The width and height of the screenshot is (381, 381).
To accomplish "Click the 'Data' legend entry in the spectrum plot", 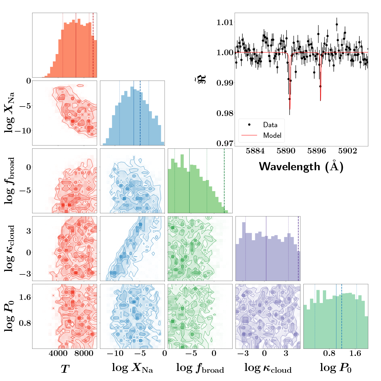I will (x=270, y=125).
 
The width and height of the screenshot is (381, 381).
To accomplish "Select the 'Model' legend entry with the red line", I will (x=272, y=135).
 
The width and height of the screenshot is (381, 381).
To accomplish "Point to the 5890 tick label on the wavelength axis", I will (x=286, y=151).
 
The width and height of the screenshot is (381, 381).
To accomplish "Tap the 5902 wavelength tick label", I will (x=347, y=151).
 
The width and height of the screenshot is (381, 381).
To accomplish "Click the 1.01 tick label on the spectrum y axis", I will (x=225, y=22).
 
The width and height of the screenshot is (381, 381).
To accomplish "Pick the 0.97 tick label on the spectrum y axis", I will (x=225, y=144).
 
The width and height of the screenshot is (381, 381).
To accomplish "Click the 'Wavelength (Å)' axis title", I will (x=301, y=167).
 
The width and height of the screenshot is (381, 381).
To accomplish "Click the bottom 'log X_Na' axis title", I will (x=132, y=368).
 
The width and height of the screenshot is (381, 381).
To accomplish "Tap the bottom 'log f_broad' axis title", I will (x=200, y=368).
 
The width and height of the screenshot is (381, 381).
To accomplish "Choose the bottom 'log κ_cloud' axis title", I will (x=268, y=368).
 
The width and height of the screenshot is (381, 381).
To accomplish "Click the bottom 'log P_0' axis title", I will (x=336, y=368).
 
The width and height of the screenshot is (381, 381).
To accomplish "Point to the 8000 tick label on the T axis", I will (x=84, y=354).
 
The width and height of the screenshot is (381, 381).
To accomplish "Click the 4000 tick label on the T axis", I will (x=58, y=354).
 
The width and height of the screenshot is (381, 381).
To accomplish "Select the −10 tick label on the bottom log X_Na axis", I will (x=115, y=354).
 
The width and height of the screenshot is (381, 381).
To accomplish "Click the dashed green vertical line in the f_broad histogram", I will (x=224, y=180).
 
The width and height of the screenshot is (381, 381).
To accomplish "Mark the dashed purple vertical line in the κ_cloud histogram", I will (x=298, y=248).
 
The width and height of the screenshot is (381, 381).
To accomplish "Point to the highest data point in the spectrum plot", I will (x=337, y=24).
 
